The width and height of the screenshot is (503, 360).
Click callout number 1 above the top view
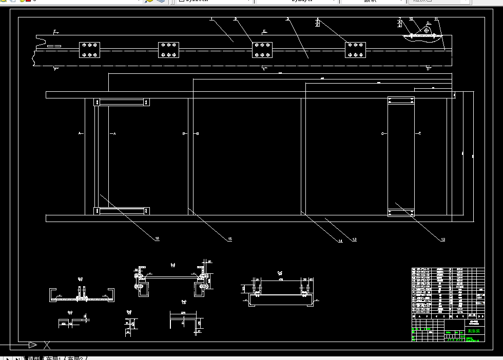[211, 19]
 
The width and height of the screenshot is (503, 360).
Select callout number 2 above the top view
[235, 19]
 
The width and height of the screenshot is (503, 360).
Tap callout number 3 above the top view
[288, 19]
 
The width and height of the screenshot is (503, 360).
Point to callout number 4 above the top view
[318, 19]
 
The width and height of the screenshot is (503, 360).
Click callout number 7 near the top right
[399, 19]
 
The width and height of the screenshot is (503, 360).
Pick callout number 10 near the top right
[411, 19]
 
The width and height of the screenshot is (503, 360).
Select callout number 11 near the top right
[436, 19]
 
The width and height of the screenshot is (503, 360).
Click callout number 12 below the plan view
[443, 239]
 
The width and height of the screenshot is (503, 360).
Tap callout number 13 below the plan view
[354, 239]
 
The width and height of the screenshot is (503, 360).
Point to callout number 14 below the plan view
[340, 241]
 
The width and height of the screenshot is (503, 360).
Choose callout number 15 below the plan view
[229, 239]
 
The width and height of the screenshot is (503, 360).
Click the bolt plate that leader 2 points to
[262, 50]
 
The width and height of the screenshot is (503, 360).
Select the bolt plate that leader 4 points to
[355, 50]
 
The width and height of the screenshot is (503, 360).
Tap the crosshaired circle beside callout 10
[427, 30]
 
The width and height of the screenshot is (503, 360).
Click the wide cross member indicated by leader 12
[401, 156]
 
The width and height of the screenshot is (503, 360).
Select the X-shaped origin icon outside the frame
[47, 345]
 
